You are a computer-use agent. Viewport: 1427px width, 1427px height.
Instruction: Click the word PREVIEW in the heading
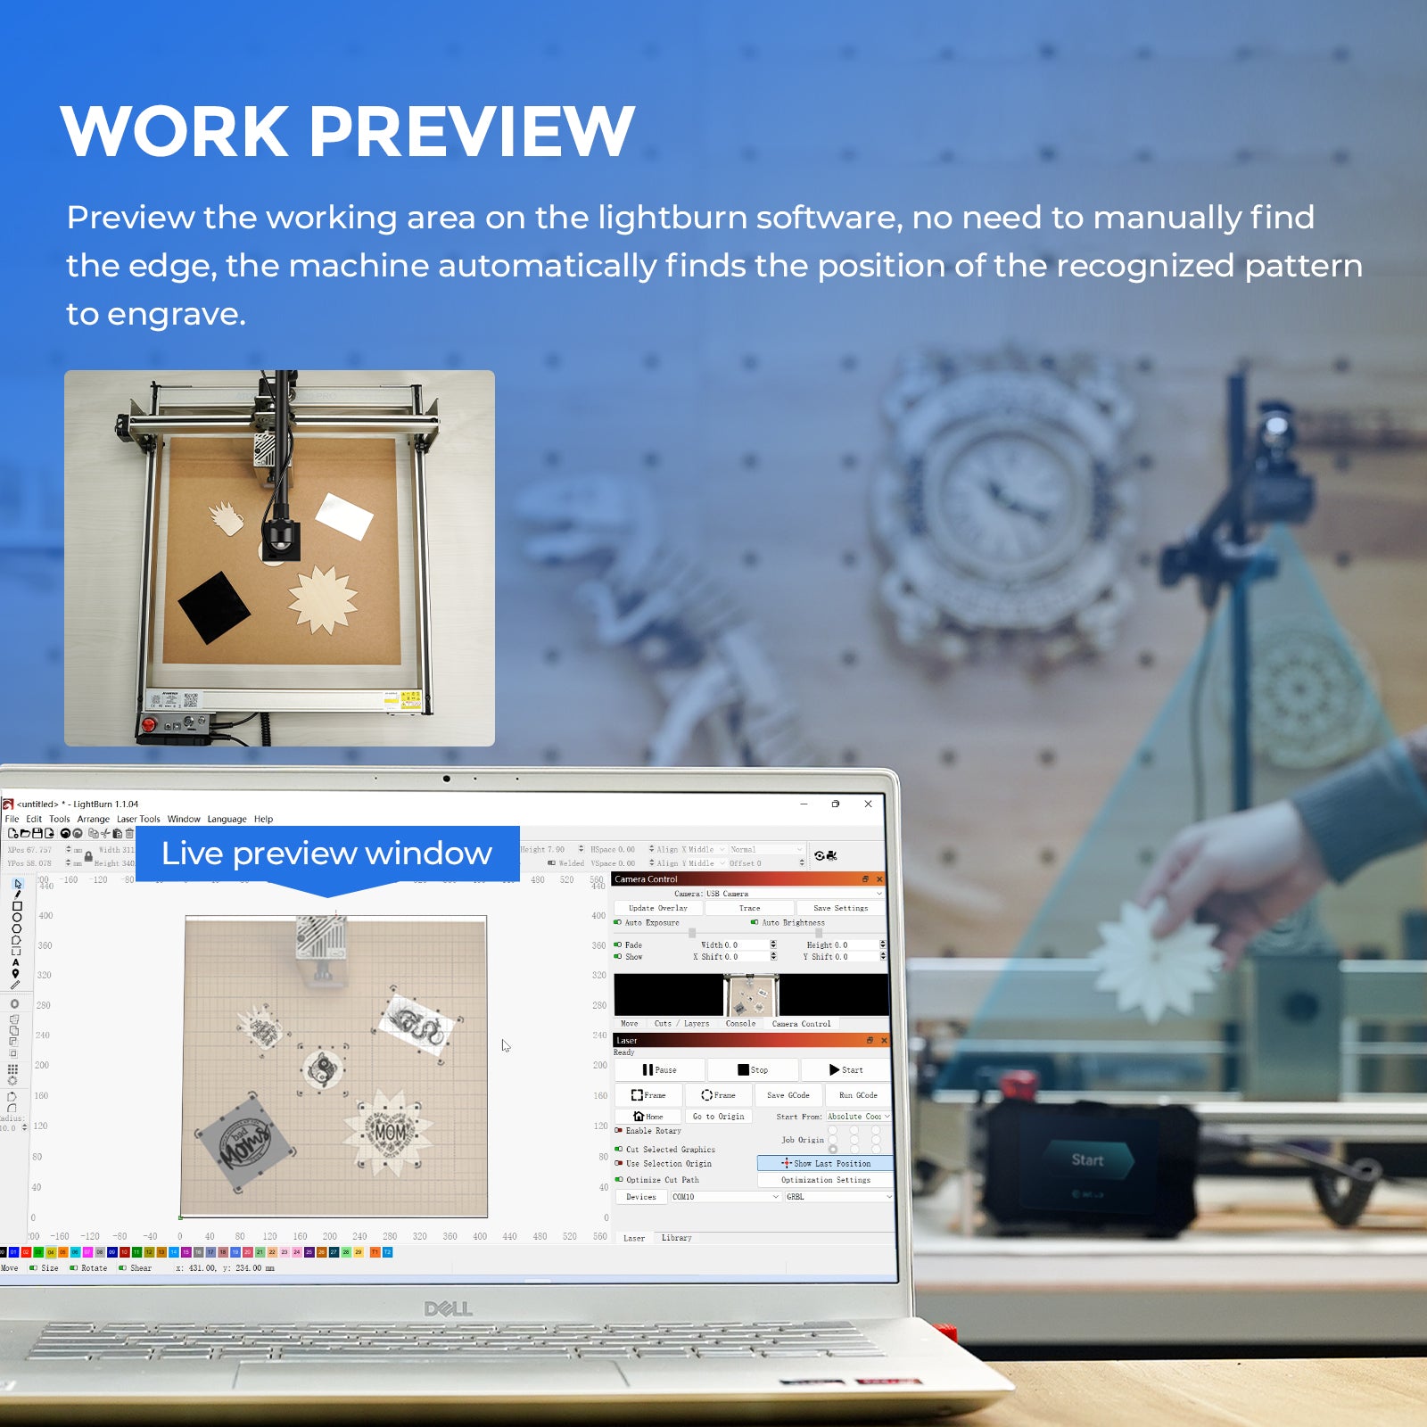472,132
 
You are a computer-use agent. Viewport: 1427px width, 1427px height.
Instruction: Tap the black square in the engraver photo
214,606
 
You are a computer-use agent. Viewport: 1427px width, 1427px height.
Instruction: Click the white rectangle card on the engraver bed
344,516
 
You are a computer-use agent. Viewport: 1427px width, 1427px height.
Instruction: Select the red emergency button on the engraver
150,723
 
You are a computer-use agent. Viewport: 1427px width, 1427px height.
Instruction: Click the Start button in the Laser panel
845,1069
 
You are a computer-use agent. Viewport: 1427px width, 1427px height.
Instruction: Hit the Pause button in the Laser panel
659,1069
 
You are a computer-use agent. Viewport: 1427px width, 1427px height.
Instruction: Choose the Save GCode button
788,1095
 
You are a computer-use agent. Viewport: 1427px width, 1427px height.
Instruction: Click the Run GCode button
858,1095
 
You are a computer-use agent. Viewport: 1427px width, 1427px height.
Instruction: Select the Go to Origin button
718,1117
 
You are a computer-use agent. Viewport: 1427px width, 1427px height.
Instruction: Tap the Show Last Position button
826,1163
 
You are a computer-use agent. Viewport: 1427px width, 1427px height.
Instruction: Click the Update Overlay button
657,908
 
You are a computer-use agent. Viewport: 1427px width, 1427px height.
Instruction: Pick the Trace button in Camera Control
749,908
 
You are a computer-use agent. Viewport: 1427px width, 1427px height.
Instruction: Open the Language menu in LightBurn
227,819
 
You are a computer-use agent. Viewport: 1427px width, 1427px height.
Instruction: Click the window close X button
868,804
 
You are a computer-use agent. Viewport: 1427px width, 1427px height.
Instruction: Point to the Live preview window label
326,854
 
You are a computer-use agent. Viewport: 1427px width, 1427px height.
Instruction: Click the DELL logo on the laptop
448,1308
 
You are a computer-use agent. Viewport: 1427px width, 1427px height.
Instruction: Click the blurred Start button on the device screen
1087,1159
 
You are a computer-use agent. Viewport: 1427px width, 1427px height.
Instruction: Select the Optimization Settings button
825,1180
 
